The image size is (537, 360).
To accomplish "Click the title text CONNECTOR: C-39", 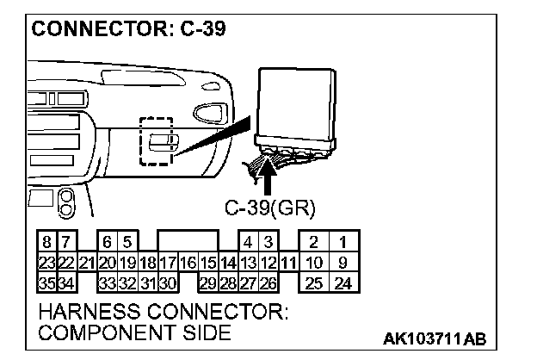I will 129,28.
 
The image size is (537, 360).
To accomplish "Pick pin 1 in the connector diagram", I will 343,243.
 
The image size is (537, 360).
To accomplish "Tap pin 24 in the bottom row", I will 343,282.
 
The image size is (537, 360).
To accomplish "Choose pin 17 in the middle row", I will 168,263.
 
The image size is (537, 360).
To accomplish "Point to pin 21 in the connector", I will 86,263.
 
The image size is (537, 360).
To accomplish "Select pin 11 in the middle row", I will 287,263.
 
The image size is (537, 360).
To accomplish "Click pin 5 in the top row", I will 127,243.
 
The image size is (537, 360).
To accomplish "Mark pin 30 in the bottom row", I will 168,282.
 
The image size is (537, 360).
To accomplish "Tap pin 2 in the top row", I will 314,243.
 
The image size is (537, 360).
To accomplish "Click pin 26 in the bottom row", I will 268,282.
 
